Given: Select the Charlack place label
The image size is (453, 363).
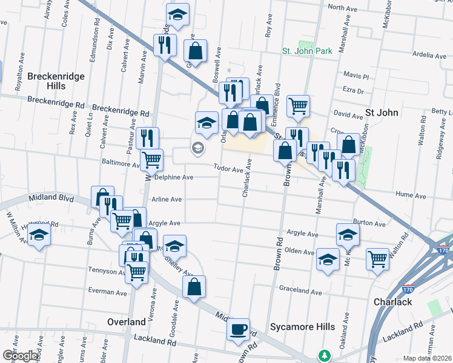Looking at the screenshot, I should [x=392, y=302].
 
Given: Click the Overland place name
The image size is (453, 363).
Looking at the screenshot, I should [x=126, y=322].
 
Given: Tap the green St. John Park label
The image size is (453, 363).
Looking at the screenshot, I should [x=307, y=51].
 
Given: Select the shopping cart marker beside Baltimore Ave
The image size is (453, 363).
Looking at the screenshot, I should [x=151, y=160].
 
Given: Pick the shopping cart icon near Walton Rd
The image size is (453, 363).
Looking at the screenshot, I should [x=377, y=258].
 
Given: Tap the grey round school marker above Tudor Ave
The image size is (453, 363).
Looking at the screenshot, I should [x=197, y=148].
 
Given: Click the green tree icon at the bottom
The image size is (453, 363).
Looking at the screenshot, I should [x=325, y=355].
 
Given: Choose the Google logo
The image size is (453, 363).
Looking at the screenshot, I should [x=19, y=356].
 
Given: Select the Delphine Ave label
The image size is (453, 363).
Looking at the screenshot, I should [x=174, y=177].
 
